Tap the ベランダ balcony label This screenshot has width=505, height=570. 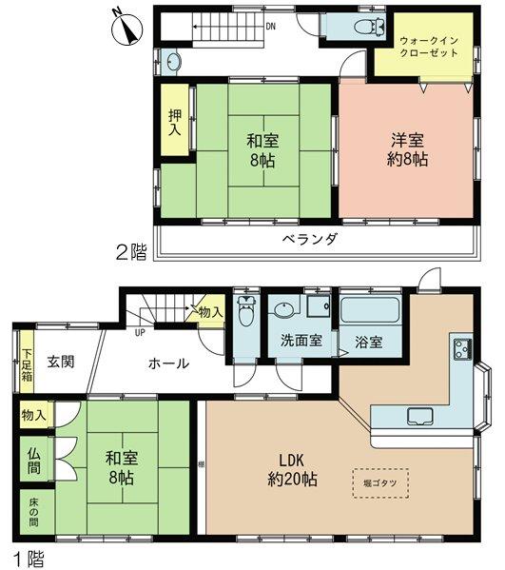click(x=309, y=239)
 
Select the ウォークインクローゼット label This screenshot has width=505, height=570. click(x=429, y=47)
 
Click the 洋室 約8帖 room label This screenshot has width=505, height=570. click(x=407, y=148)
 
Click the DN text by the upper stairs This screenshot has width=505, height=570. click(x=272, y=26)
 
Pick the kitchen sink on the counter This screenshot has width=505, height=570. click(x=420, y=415)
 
